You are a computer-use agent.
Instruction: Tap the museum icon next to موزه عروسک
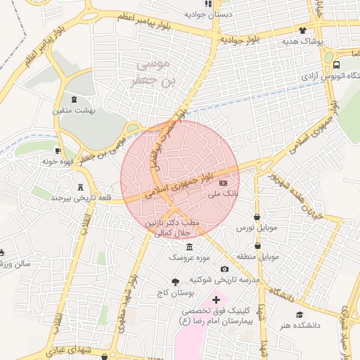coord(189,247)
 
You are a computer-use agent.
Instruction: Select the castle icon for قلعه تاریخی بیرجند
coord(80,188)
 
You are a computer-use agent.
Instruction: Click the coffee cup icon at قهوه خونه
coord(58,150)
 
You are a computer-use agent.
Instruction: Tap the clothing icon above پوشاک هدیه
coord(302,30)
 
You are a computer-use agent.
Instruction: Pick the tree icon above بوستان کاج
coord(175,281)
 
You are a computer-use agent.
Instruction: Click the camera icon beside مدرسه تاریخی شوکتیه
coord(224,269)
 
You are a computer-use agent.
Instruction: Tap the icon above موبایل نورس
coord(257,217)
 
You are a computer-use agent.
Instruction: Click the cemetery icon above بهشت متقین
coord(75,99)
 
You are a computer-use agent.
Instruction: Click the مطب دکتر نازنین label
coord(173,222)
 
